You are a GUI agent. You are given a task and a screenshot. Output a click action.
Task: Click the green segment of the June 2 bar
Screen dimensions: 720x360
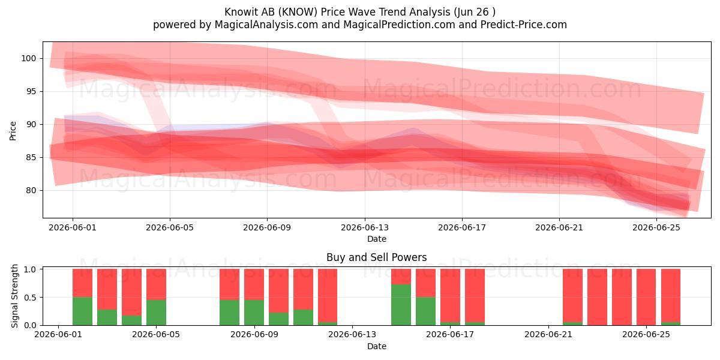(x=82, y=311)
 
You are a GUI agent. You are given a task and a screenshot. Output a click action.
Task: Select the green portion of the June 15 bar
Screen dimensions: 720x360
(x=401, y=305)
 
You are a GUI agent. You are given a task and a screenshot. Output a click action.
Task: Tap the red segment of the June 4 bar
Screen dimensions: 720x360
(x=131, y=292)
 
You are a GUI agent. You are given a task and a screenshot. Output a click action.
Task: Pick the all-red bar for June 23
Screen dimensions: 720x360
(x=597, y=297)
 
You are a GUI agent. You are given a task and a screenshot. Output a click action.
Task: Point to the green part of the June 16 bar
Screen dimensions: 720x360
(x=425, y=311)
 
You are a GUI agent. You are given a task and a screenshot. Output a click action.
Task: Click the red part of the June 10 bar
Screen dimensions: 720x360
(x=278, y=290)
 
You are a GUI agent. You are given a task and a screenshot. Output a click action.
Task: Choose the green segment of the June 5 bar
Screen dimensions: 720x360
(x=156, y=313)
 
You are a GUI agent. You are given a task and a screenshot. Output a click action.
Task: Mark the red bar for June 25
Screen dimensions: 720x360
(x=646, y=297)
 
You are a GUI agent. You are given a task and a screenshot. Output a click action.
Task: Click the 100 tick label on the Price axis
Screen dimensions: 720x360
(x=29, y=59)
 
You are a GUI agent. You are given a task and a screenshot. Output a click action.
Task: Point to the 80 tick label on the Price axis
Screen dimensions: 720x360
(x=31, y=190)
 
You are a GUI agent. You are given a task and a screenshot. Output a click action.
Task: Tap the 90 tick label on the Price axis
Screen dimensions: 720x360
(x=31, y=124)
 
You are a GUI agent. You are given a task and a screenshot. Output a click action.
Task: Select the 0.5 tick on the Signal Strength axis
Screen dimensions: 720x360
(x=30, y=298)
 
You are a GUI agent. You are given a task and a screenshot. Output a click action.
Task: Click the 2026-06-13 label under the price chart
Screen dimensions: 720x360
(x=365, y=227)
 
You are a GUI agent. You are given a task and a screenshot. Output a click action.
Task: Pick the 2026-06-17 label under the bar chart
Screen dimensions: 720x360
(x=450, y=334)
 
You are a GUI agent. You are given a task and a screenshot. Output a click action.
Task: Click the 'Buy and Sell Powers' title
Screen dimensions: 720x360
(x=376, y=257)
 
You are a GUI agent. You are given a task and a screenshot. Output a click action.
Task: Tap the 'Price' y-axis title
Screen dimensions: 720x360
(x=13, y=131)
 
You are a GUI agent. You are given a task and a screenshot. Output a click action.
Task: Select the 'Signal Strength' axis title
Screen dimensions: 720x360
(x=14, y=296)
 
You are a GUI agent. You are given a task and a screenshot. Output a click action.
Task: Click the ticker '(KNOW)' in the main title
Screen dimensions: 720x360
(x=298, y=12)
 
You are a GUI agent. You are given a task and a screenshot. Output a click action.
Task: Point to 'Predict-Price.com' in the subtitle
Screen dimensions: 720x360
(x=524, y=25)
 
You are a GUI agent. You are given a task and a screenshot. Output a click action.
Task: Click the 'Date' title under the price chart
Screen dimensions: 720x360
(x=377, y=239)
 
